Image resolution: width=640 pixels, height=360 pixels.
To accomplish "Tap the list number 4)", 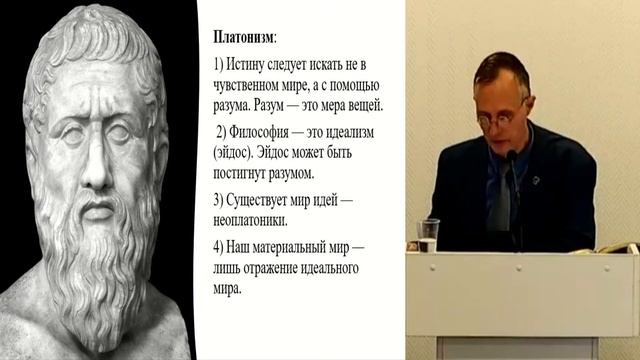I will tap(219, 248).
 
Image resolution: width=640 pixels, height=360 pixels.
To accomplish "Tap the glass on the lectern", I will tap(428, 234).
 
